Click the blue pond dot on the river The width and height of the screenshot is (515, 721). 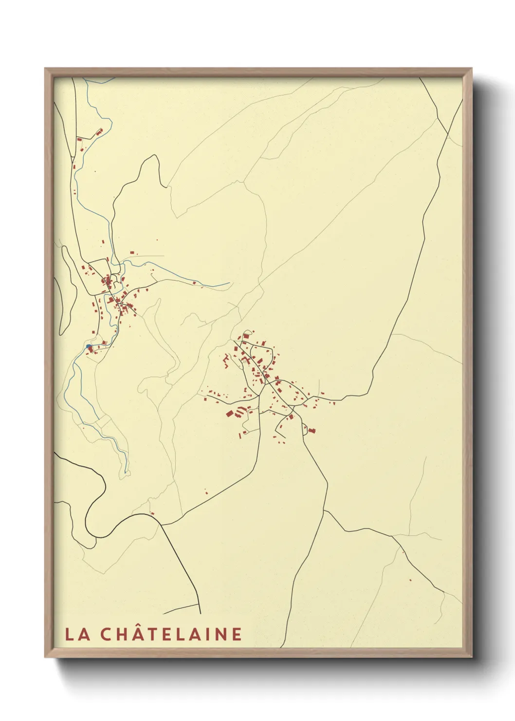pyautogui.click(x=89, y=346)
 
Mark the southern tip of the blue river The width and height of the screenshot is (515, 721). pyautogui.click(x=126, y=472)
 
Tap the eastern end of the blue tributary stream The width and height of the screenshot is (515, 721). pyautogui.click(x=229, y=282)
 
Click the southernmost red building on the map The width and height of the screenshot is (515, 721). pyautogui.click(x=410, y=580)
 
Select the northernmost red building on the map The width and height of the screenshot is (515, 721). pyautogui.click(x=101, y=132)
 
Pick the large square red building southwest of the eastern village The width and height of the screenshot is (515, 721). pyautogui.click(x=230, y=414)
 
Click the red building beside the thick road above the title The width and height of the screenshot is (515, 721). pyautogui.click(x=152, y=513)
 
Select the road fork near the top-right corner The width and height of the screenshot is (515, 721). pyautogui.click(x=446, y=133)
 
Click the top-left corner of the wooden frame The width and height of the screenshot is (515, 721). pyautogui.click(x=45, y=69)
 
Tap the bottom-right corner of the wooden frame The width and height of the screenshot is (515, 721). pyautogui.click(x=472, y=657)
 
